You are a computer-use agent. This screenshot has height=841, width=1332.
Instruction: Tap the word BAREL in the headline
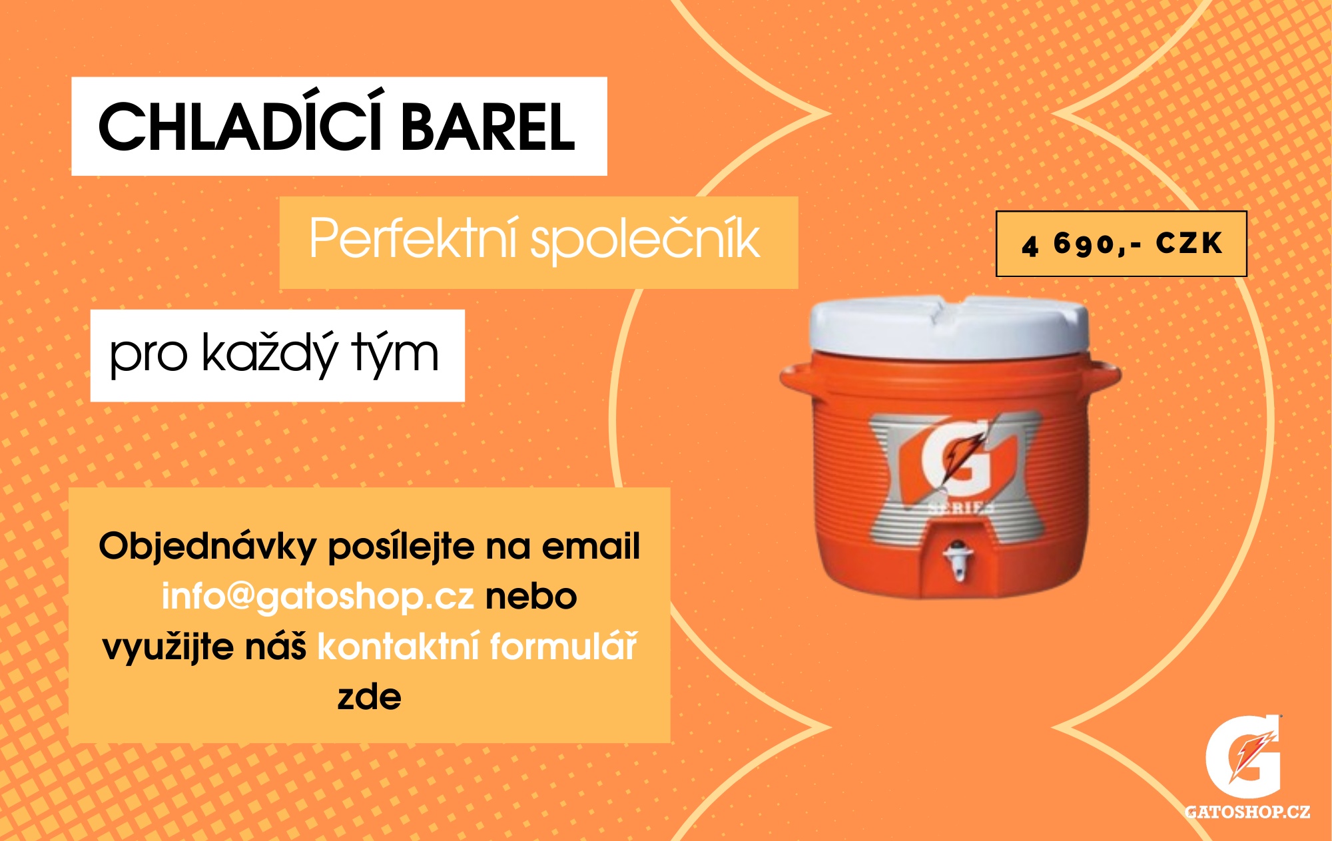488,127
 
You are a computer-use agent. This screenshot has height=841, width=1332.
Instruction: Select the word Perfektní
413,240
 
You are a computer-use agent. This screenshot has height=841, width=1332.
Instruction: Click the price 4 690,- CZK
1122,244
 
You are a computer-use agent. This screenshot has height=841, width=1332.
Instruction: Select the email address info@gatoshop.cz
318,596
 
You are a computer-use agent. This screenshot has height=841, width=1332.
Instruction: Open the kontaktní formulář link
477,646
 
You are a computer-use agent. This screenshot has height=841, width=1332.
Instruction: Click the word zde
369,697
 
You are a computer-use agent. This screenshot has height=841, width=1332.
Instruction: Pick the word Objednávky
207,546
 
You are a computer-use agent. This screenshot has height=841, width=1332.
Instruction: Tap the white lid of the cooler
948,326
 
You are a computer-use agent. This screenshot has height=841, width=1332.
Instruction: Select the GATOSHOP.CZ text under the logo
1247,812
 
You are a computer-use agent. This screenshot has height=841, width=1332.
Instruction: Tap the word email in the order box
591,546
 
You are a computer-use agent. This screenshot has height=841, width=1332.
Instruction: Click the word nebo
531,596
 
